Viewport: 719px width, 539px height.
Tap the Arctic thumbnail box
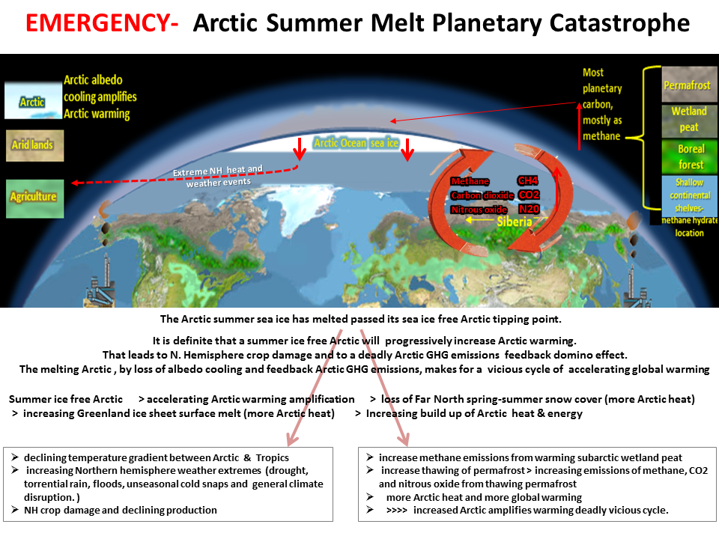tap(33, 100)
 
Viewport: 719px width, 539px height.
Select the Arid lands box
tap(35, 145)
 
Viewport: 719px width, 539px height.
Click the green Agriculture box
tap(35, 198)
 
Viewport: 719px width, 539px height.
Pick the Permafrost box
tap(689, 85)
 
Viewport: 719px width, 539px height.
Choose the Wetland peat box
tap(689, 120)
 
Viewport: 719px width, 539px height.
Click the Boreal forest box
tap(689, 156)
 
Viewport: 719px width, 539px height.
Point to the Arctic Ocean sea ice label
tap(357, 143)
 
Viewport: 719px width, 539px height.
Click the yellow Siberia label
tap(515, 222)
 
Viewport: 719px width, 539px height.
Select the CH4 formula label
tap(527, 180)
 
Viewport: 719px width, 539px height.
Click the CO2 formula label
tap(529, 195)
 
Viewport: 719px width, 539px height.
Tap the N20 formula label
tap(529, 209)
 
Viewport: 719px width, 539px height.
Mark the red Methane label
tap(470, 181)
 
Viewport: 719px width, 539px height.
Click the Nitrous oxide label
tap(479, 210)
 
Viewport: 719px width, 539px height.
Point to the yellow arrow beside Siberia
tap(479, 220)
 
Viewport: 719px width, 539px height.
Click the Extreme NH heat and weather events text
tap(218, 177)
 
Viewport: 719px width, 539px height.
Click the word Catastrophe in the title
tap(619, 23)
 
